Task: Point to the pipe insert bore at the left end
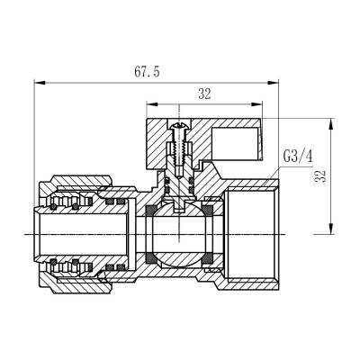click(54, 236)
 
